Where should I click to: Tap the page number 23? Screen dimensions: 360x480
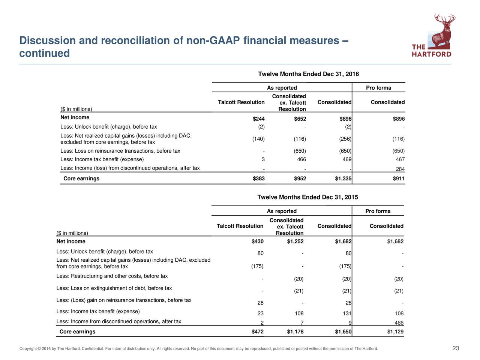point(456,349)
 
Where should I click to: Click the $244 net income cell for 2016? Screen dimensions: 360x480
point(259,119)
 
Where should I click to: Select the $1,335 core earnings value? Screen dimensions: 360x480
point(343,178)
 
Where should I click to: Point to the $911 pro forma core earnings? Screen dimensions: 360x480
point(399,178)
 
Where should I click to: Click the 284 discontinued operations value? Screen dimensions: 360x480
point(400,169)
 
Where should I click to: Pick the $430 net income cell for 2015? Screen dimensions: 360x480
point(258,241)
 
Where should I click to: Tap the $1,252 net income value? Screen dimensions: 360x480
point(295,241)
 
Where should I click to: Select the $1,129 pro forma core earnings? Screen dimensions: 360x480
point(395,331)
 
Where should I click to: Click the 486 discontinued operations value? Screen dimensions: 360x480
point(399,323)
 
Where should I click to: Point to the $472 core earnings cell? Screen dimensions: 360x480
point(257,331)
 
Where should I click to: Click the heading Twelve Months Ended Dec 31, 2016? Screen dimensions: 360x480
point(308,74)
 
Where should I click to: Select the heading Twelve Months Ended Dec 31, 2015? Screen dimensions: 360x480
point(307,197)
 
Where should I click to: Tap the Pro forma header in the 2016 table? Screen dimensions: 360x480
point(378,88)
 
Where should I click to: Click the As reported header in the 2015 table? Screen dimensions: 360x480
point(282,211)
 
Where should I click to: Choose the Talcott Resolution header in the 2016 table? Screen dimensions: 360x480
point(241,102)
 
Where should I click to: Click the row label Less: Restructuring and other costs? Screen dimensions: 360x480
point(112,276)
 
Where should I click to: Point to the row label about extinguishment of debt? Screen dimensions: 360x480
point(114,288)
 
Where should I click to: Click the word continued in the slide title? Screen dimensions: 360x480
point(44,54)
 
